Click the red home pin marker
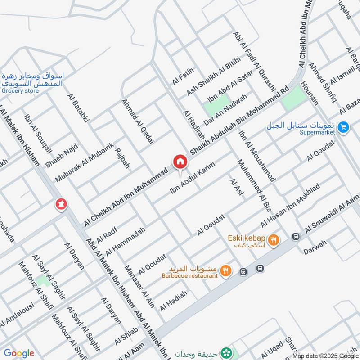coord(180,161)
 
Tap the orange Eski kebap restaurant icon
coord(273,241)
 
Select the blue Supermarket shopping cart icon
coord(343,128)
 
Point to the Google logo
coord(19,353)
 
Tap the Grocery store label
coord(20,91)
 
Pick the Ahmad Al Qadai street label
coord(138,121)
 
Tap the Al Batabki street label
coord(78,108)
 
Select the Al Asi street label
coord(236,187)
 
